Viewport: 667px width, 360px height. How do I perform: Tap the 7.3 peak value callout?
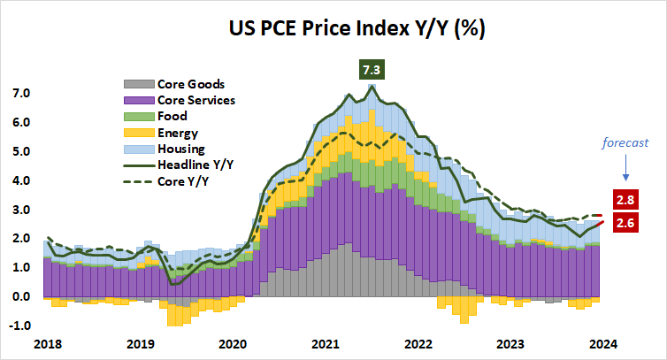coord(372,69)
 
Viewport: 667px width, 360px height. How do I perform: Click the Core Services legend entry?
coord(195,100)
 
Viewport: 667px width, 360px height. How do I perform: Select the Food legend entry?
coord(172,116)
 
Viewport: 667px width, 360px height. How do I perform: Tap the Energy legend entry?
coord(177,132)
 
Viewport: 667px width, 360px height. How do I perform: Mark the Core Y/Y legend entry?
coord(181,180)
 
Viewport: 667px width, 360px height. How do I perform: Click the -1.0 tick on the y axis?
coord(19,326)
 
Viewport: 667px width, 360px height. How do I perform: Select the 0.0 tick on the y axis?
coord(21,296)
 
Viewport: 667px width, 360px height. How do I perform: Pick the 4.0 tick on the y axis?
coord(21,180)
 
